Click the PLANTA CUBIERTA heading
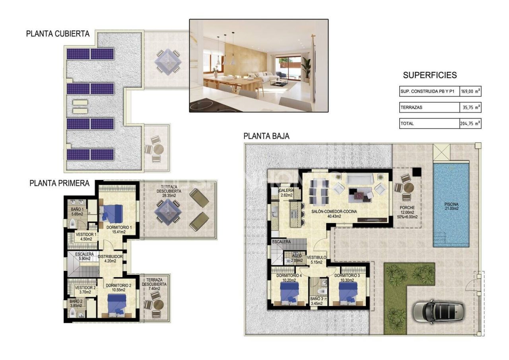point(58,34)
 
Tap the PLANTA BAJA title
point(266,136)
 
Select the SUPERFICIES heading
point(430,75)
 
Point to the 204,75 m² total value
point(470,124)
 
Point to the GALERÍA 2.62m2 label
point(286,193)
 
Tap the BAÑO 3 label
point(317,301)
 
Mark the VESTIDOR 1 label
point(86,237)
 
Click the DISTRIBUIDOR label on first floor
point(110,259)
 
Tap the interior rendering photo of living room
point(258,65)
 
